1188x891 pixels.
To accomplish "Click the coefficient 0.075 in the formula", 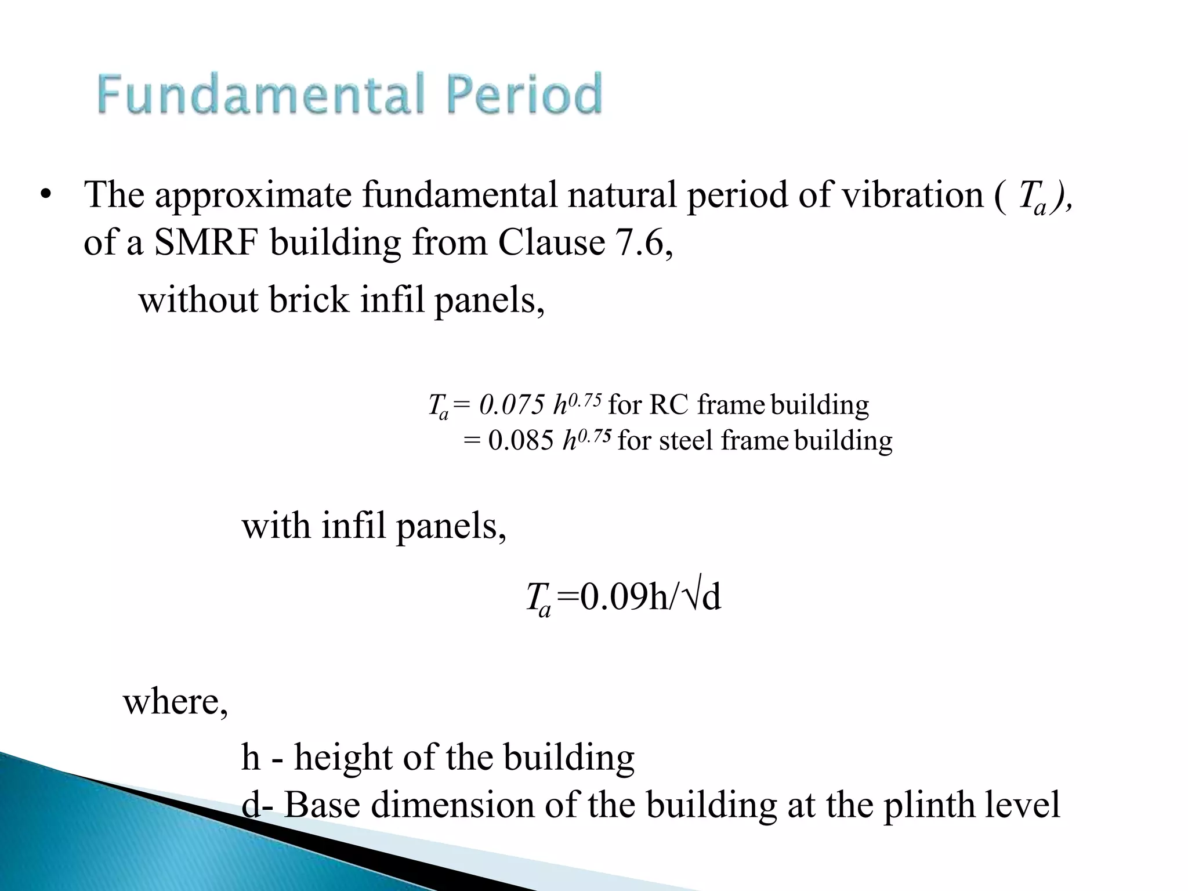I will tap(511, 405).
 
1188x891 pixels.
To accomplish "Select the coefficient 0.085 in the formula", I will tap(520, 441).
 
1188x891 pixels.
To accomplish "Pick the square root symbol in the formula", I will tap(692, 597).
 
